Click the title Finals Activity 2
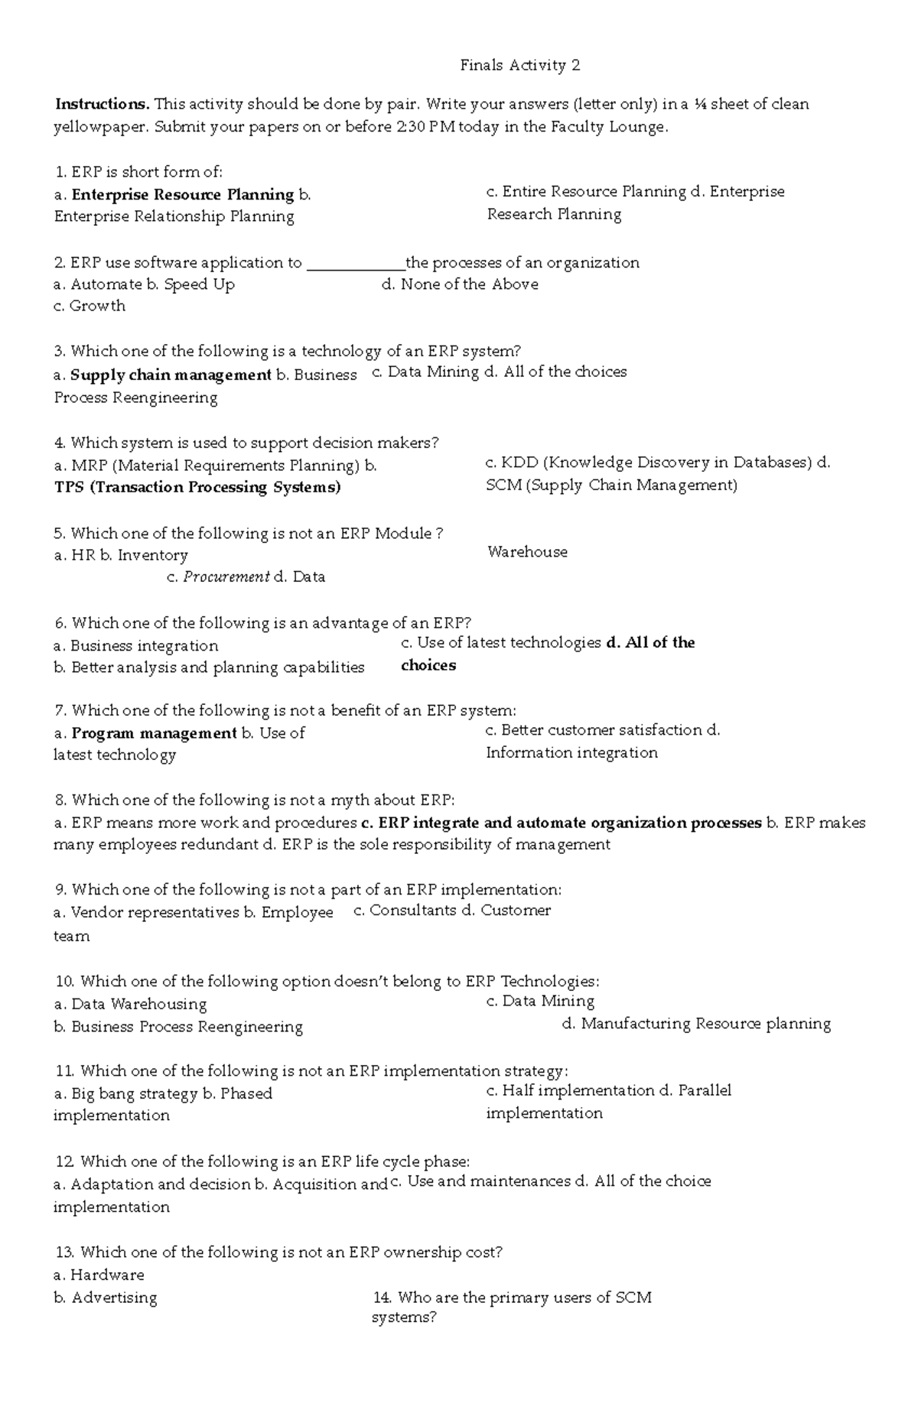[519, 66]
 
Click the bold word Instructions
[102, 104]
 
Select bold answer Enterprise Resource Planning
[182, 195]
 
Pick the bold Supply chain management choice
[171, 375]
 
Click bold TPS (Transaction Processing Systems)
[197, 488]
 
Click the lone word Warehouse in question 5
[527, 552]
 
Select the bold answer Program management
[154, 733]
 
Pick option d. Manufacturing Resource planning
[696, 1024]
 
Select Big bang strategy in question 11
[133, 1094]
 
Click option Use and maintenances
[489, 1181]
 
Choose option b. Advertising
[106, 1297]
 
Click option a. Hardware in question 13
[99, 1275]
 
